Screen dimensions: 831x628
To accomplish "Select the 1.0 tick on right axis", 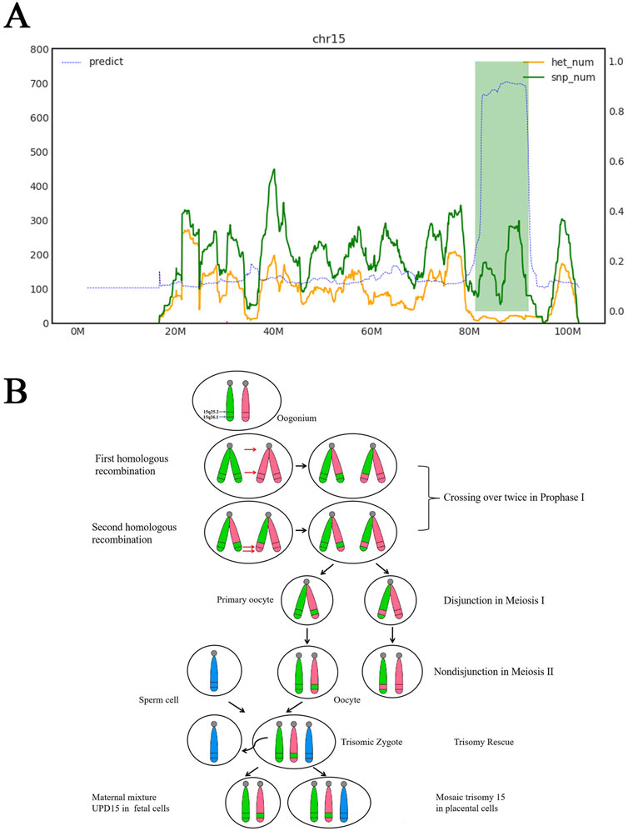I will tap(593, 62).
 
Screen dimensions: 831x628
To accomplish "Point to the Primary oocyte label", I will tap(246, 599).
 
